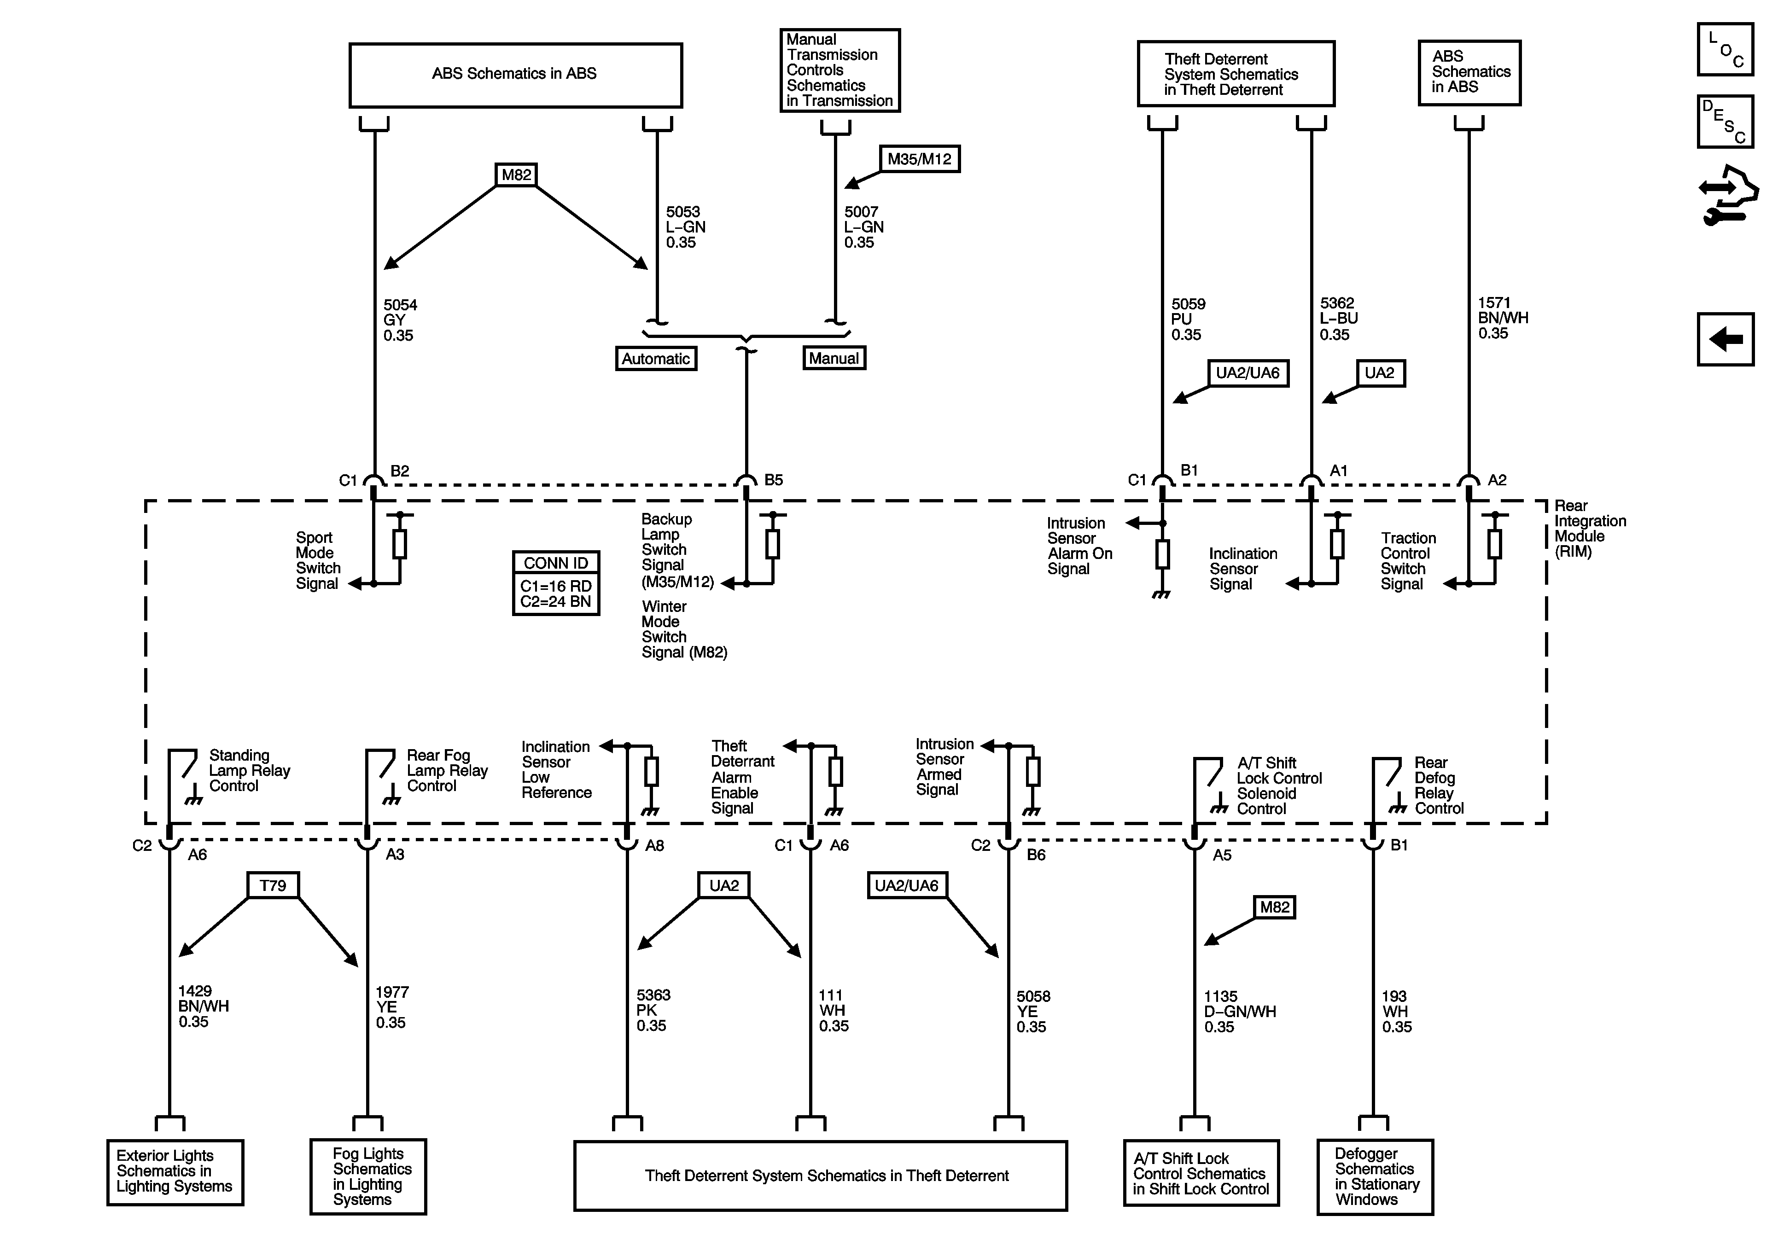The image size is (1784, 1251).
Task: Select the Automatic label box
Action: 656,358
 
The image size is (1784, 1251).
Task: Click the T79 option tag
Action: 273,885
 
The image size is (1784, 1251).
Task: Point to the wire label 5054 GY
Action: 400,320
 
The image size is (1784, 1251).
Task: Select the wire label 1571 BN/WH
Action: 1503,318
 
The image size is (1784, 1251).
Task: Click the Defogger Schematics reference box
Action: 1375,1176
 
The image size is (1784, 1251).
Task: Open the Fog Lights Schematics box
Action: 368,1176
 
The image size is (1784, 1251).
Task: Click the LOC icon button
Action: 1725,49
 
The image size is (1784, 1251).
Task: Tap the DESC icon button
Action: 1725,121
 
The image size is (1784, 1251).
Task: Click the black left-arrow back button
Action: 1725,339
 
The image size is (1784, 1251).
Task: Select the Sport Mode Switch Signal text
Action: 318,560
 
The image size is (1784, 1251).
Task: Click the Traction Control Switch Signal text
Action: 1408,561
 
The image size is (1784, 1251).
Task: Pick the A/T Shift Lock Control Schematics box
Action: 1201,1173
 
